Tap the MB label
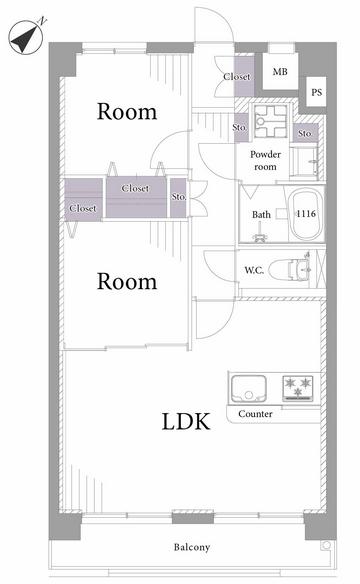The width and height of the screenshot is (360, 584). click(x=280, y=71)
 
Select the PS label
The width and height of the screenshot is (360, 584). click(x=316, y=92)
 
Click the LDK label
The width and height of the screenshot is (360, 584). click(x=186, y=422)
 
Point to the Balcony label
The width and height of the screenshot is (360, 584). click(x=192, y=547)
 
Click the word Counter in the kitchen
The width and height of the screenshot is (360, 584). click(x=255, y=414)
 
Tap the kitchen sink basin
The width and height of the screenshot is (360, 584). click(x=248, y=389)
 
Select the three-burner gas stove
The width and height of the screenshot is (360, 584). click(x=297, y=388)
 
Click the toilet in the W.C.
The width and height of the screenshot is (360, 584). click(x=290, y=269)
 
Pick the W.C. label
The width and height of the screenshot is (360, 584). click(x=254, y=270)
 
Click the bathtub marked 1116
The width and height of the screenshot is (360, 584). click(x=306, y=214)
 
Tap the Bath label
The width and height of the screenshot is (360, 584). click(x=261, y=215)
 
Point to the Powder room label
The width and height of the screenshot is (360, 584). click(x=265, y=161)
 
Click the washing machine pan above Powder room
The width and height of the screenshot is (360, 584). click(x=271, y=121)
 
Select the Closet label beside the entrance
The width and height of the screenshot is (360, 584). click(x=237, y=76)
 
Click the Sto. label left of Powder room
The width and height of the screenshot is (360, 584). click(x=240, y=127)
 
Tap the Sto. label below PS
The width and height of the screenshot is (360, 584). click(x=305, y=133)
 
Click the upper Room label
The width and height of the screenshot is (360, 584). click(x=127, y=111)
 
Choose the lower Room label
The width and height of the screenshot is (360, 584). click(x=127, y=281)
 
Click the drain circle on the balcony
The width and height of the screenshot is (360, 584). click(x=326, y=545)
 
